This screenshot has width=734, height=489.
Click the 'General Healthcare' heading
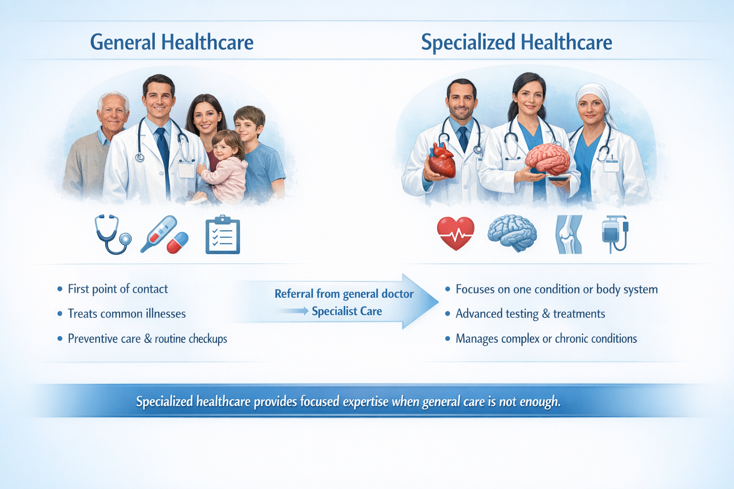(x=172, y=42)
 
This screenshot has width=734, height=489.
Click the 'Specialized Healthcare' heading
(x=516, y=42)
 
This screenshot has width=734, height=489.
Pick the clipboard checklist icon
(x=223, y=235)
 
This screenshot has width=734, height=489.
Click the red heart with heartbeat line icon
(x=455, y=233)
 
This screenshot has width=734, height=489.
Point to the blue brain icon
(x=512, y=233)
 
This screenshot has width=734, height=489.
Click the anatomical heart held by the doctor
(x=442, y=161)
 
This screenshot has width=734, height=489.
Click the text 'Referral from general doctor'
(x=344, y=294)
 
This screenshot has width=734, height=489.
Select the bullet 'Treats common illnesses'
(x=127, y=314)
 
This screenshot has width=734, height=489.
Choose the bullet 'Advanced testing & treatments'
(x=530, y=314)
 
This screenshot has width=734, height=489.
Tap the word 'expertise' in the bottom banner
(x=366, y=402)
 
